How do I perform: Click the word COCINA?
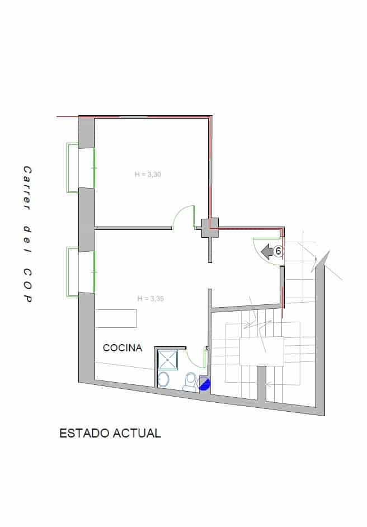point(123,348)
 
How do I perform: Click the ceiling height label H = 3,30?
point(148,175)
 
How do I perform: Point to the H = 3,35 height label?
point(150,299)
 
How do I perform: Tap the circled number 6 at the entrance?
point(278,252)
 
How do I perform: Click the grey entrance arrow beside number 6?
point(267,252)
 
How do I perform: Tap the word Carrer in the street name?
point(26,189)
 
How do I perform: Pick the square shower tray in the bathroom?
point(167,360)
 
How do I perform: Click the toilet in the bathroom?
point(190,380)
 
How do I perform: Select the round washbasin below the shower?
point(164,379)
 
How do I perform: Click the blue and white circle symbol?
point(204,383)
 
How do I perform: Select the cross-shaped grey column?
point(210,227)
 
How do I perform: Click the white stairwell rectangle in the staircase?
point(261,351)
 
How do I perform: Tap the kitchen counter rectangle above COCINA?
point(116,318)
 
